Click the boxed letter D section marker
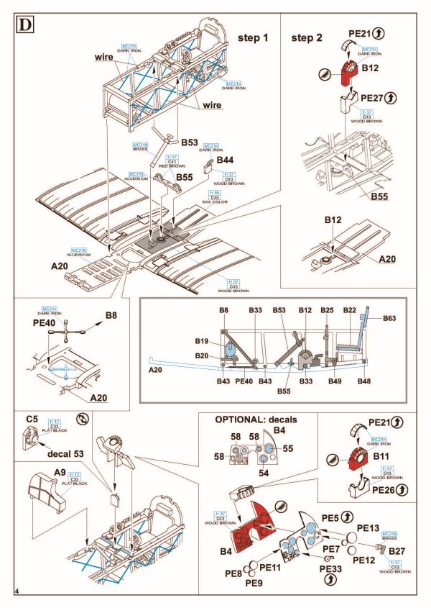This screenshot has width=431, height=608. pyautogui.click(x=25, y=24)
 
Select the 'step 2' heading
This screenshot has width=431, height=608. pyautogui.click(x=307, y=37)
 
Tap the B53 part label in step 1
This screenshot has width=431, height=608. pyautogui.click(x=189, y=142)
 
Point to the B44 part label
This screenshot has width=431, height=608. pyautogui.click(x=225, y=158)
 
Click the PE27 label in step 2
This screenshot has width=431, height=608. pyautogui.click(x=374, y=97)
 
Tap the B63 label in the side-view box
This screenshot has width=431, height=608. pyautogui.click(x=390, y=317)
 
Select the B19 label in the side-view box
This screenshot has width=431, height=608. pyautogui.click(x=201, y=341)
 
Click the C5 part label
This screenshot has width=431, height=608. pyautogui.click(x=32, y=419)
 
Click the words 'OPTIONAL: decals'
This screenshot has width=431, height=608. pyautogui.click(x=255, y=419)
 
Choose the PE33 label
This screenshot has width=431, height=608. pyautogui.click(x=331, y=569)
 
